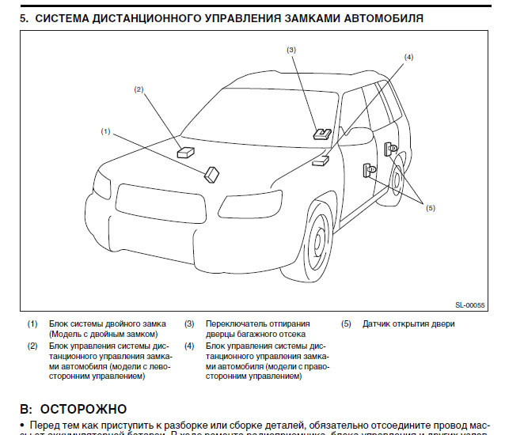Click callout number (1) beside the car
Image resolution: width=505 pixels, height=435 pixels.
pyautogui.click(x=105, y=130)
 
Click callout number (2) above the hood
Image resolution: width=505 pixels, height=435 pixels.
pyautogui.click(x=139, y=89)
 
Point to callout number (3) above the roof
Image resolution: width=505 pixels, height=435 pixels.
pyautogui.click(x=291, y=50)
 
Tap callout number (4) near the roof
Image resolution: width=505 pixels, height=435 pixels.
pyautogui.click(x=408, y=57)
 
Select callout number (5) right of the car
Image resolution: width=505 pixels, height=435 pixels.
pyautogui.click(x=431, y=207)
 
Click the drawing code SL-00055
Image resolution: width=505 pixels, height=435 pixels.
pyautogui.click(x=469, y=304)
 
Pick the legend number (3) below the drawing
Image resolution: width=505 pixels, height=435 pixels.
pyautogui.click(x=189, y=323)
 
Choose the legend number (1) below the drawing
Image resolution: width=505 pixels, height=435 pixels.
pyautogui.click(x=32, y=323)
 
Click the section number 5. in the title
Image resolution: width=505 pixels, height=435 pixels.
pyautogui.click(x=24, y=17)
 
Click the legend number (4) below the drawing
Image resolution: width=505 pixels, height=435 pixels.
pyautogui.click(x=189, y=346)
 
